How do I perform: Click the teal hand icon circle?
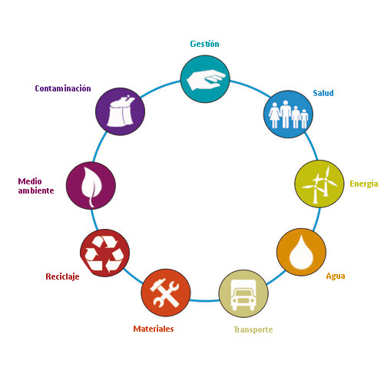click(x=205, y=79)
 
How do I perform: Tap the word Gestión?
click(x=204, y=44)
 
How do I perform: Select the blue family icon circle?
click(x=288, y=114)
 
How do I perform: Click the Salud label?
click(x=323, y=93)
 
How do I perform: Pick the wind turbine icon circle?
click(x=319, y=184)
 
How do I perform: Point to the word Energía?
click(x=364, y=184)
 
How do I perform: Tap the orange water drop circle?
click(x=301, y=252)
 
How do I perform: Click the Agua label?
click(x=336, y=276)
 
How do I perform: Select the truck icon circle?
click(x=243, y=293)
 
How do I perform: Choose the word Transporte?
click(x=253, y=329)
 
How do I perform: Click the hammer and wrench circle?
click(x=166, y=293)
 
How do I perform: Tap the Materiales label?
click(x=154, y=329)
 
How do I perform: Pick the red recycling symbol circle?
click(x=104, y=253)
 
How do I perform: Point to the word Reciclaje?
click(x=62, y=276)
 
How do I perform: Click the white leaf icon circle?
click(x=91, y=185)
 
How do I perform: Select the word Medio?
click(x=30, y=181)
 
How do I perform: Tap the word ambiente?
click(x=36, y=190)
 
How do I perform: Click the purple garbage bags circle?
click(x=120, y=111)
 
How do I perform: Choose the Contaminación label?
click(x=63, y=88)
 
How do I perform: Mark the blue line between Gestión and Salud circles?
click(x=251, y=87)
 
